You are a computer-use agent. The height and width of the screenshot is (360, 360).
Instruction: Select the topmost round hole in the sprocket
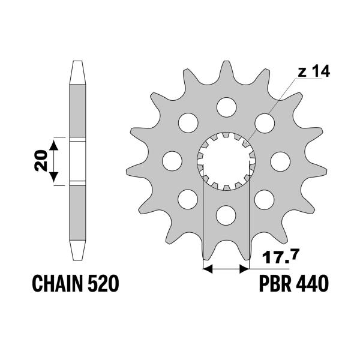click(x=226, y=107)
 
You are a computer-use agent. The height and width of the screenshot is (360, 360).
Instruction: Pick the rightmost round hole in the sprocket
click(x=280, y=160)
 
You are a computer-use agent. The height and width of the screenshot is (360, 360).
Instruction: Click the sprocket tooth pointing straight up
click(x=226, y=68)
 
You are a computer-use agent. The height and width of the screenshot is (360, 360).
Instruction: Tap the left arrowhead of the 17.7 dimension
click(x=208, y=268)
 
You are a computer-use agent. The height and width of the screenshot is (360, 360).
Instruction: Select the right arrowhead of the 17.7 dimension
click(x=244, y=268)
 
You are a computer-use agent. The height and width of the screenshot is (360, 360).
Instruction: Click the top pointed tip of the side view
click(x=77, y=65)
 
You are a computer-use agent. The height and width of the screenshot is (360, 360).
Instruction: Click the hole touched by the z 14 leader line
click(x=264, y=122)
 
